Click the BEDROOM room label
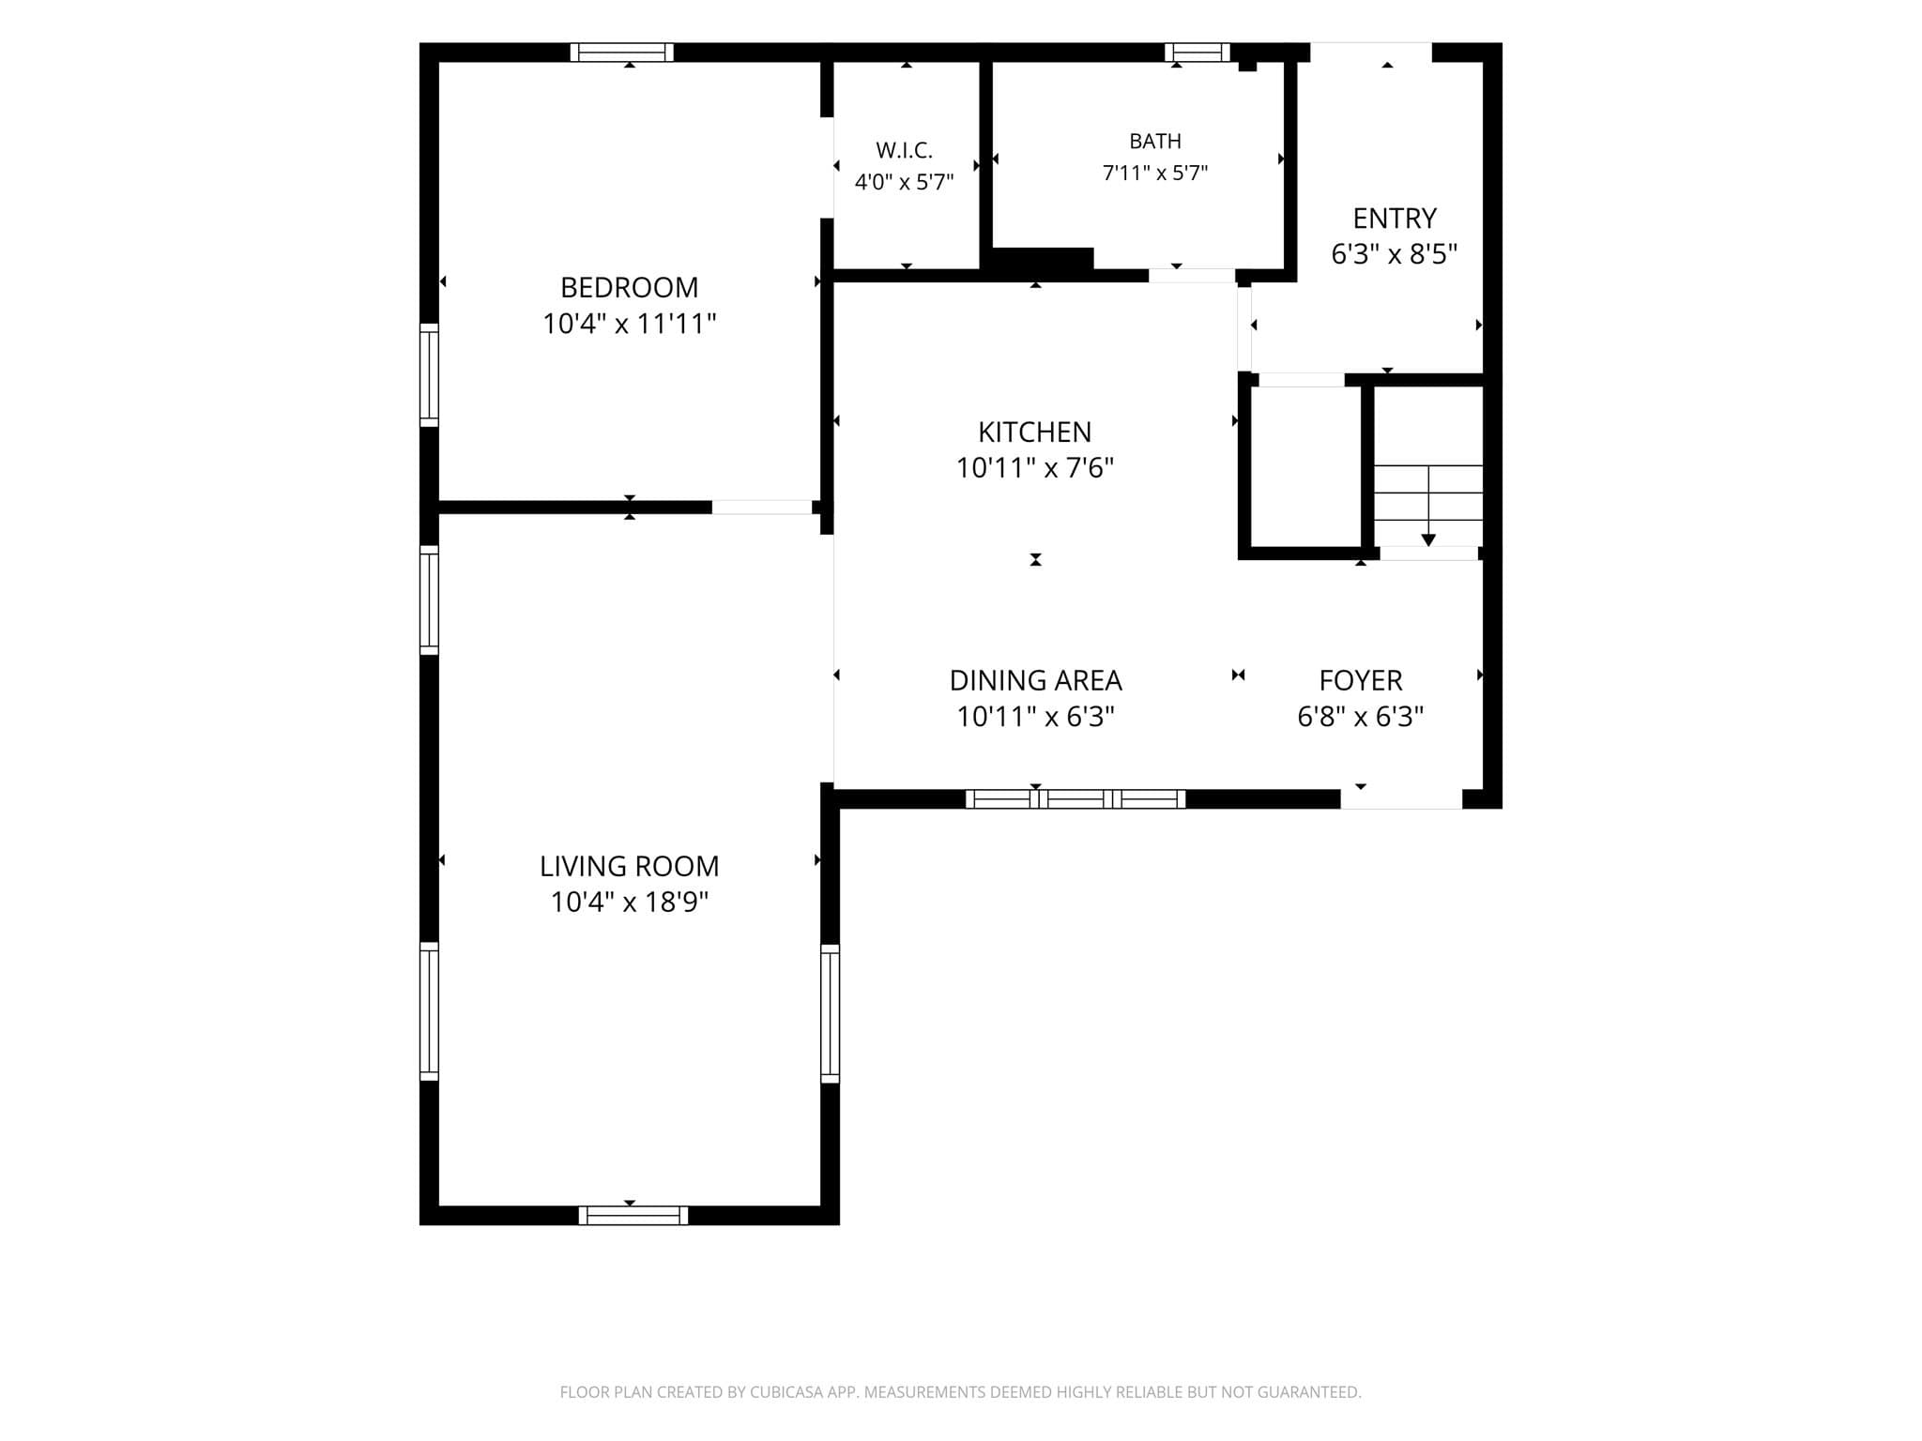(x=629, y=287)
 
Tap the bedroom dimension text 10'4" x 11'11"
(x=629, y=324)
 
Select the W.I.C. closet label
(x=904, y=150)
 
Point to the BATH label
(x=1155, y=142)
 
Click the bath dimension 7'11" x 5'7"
(x=1155, y=173)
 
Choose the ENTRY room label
(x=1395, y=219)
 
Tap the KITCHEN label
(x=1035, y=432)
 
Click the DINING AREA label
(x=1035, y=680)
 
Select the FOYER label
(x=1361, y=680)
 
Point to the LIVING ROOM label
(x=629, y=866)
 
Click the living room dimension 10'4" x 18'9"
(x=629, y=903)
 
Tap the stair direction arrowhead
(x=1428, y=540)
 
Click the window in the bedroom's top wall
(x=622, y=53)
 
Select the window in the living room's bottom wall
(x=633, y=1216)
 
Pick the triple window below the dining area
(x=1075, y=799)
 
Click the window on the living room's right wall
(x=831, y=1013)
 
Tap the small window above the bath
(x=1197, y=53)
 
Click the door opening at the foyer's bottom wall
(x=1401, y=799)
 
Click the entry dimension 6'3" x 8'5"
(x=1395, y=254)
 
